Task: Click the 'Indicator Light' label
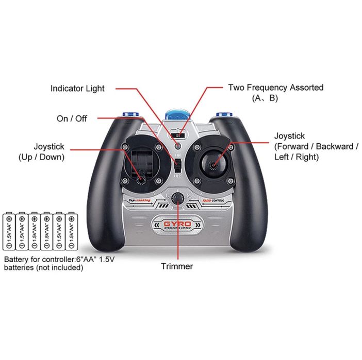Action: (x=77, y=89)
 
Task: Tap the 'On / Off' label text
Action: (x=72, y=118)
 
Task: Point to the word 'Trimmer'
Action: (x=177, y=266)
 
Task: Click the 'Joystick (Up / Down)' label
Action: (x=42, y=152)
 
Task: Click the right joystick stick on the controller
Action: (x=213, y=164)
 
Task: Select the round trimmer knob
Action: (x=177, y=199)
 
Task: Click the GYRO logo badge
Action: (x=177, y=225)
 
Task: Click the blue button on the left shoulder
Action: (x=130, y=115)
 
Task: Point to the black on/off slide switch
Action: (x=177, y=166)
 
